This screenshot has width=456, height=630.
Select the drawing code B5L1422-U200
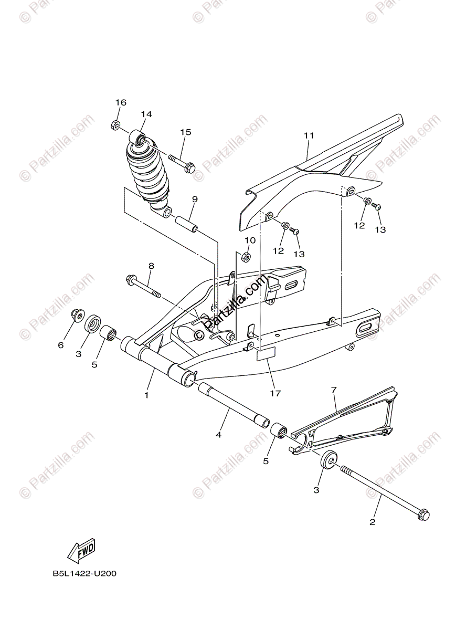click(x=84, y=574)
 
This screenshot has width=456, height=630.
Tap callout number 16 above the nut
click(x=121, y=102)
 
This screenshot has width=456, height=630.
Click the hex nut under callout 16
click(x=115, y=125)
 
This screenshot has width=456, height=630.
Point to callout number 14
click(x=146, y=114)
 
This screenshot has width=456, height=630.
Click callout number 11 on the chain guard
click(x=309, y=135)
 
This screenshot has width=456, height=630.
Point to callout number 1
click(x=146, y=395)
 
